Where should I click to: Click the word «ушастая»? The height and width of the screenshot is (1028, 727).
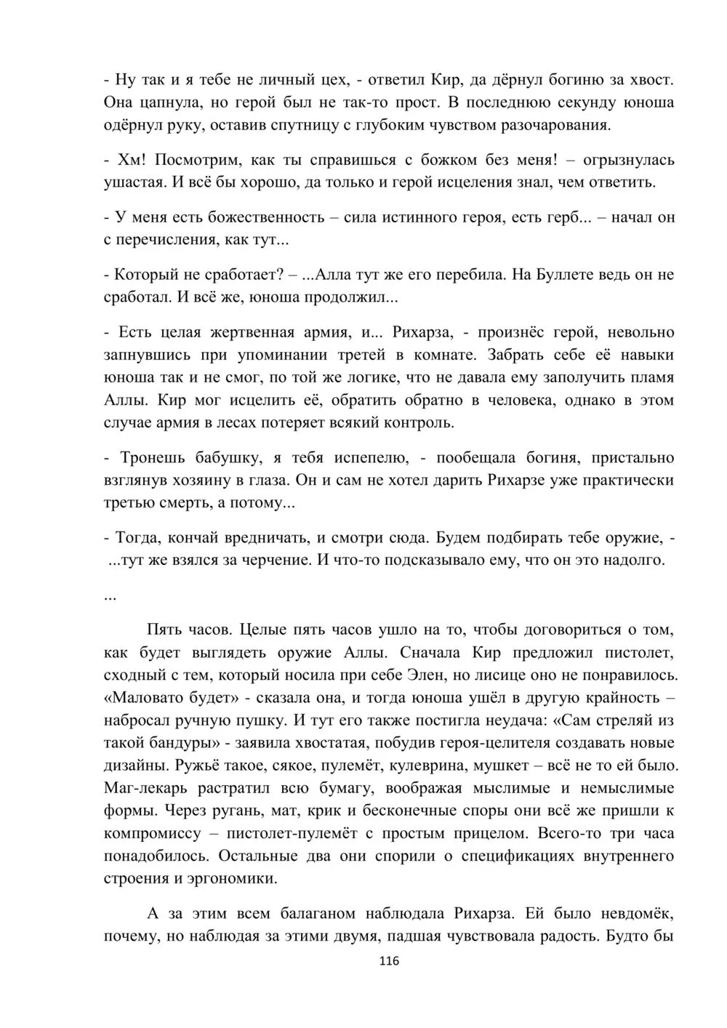click(135, 182)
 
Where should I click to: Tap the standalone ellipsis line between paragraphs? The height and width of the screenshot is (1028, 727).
click(111, 596)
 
